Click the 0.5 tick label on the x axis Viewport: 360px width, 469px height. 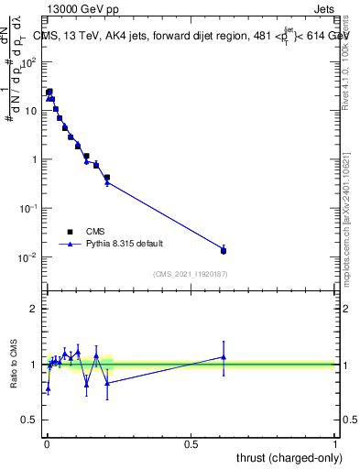(x=191, y=444)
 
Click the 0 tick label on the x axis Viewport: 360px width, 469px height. (x=47, y=444)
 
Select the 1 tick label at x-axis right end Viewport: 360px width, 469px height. (x=334, y=444)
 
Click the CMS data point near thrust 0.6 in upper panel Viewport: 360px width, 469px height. (x=224, y=250)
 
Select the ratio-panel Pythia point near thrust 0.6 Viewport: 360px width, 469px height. (x=224, y=357)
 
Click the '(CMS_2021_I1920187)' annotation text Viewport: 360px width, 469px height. (x=190, y=275)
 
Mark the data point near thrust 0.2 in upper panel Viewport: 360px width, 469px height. (x=107, y=178)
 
